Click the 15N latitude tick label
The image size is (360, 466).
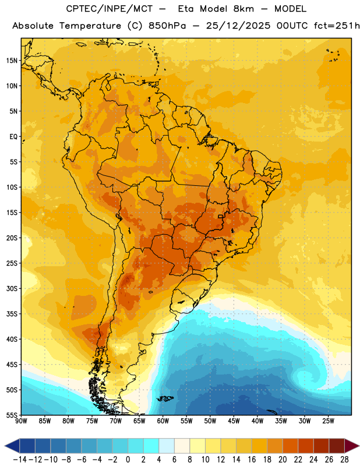pos(12,61)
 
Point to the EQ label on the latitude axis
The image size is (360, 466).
pos(13,137)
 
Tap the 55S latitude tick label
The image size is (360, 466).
pos(12,415)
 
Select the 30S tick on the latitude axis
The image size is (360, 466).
pos(12,288)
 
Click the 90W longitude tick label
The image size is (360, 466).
pos(21,421)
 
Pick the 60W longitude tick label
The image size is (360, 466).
pos(163,421)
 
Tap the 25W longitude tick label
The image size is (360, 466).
pos(328,421)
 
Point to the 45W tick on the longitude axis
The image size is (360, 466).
pos(234,421)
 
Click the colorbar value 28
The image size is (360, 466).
pos(344,460)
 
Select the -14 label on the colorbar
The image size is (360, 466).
pos(20,460)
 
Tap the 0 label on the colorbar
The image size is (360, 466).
pos(128,460)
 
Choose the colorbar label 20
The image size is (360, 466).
pos(283,460)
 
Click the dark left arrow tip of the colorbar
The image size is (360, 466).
pos(5,446)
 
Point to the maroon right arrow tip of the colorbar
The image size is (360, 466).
pos(358,446)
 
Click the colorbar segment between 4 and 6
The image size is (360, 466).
pos(167,446)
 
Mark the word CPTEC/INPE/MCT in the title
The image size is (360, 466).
pos(110,9)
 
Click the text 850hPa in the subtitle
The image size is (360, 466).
pos(167,26)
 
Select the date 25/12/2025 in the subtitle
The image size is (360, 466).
pos(238,26)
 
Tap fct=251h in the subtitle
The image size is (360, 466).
pos(337,26)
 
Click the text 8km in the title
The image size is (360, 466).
pos(243,9)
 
